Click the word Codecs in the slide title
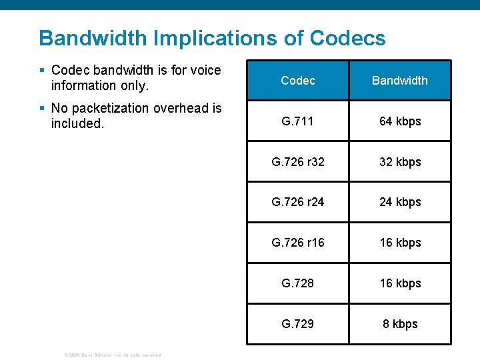[x=347, y=38]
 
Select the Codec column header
[x=298, y=81]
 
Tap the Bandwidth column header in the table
[x=399, y=81]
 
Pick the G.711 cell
[x=298, y=121]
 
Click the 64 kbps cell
[x=400, y=121]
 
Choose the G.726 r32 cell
[x=298, y=162]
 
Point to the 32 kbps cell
[x=400, y=162]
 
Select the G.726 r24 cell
[x=298, y=202]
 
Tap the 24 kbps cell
[x=400, y=202]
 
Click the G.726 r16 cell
[x=298, y=243]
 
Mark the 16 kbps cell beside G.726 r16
[x=400, y=243]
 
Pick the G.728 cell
[x=298, y=283]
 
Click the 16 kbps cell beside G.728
[x=400, y=283]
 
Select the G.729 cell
[x=298, y=324]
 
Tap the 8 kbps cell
[x=400, y=324]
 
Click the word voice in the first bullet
[x=205, y=70]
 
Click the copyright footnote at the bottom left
[x=112, y=355]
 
